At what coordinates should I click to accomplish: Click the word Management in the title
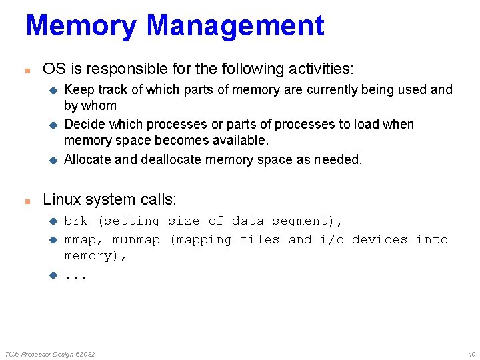tap(235, 25)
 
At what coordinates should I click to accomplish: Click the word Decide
tap(83, 124)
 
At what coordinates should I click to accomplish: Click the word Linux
tap(61, 199)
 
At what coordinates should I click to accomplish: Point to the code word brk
tap(76, 221)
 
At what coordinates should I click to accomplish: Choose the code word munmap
tap(136, 239)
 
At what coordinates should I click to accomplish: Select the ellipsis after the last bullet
tap(75, 275)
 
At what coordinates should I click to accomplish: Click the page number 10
tap(472, 354)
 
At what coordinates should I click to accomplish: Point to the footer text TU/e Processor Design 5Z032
tap(50, 354)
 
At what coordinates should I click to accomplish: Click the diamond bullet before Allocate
tap(54, 160)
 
